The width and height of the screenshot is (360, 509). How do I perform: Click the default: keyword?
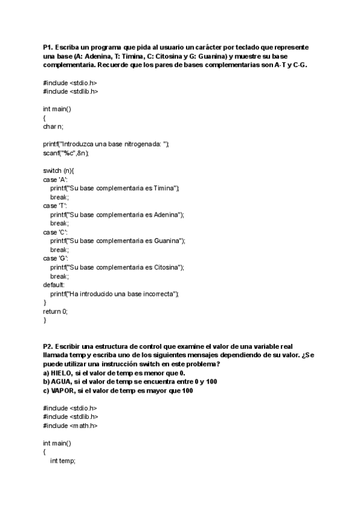coord(54,285)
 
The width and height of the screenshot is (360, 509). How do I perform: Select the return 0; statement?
coord(55,311)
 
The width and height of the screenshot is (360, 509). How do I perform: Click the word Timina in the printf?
coord(164,188)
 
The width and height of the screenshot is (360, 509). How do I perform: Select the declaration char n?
coord(53,127)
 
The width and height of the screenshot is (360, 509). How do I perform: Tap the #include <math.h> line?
coord(70,426)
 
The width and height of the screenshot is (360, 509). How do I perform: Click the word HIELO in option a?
coord(63,373)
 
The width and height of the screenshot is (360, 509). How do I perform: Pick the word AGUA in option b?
coord(62,382)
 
